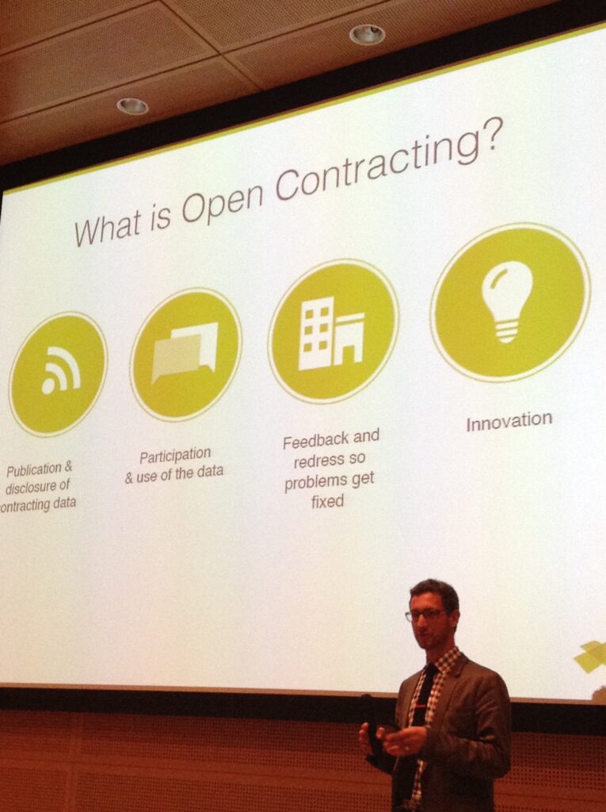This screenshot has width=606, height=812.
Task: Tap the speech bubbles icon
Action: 185,351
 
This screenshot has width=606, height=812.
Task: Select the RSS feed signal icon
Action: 60,370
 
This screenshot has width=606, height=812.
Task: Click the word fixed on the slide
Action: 327,501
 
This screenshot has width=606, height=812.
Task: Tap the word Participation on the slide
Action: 175,457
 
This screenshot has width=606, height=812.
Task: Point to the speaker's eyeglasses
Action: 426,615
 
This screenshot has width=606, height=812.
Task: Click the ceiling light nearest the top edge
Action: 367,35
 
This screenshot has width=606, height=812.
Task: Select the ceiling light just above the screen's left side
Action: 132,106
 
